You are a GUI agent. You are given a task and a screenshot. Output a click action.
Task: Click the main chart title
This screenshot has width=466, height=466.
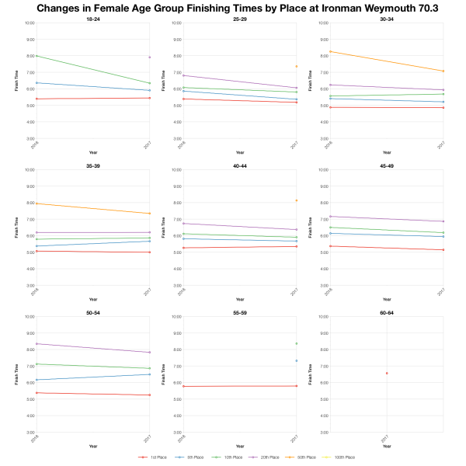[233, 8]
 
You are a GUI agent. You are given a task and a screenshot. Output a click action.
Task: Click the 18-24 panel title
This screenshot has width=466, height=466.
[92, 18]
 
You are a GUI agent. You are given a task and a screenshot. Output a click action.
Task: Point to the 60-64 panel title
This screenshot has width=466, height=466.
[386, 311]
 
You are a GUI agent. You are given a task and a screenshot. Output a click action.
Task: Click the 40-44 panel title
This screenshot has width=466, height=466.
[239, 165]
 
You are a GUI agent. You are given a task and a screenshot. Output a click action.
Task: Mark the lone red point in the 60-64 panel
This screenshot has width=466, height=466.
[387, 373]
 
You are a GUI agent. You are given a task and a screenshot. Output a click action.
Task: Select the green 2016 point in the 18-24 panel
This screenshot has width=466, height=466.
[35, 56]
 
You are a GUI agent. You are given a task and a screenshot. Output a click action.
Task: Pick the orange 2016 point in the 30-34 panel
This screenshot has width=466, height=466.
[329, 51]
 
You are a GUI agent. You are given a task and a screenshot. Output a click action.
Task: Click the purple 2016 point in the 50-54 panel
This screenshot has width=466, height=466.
[35, 343]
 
